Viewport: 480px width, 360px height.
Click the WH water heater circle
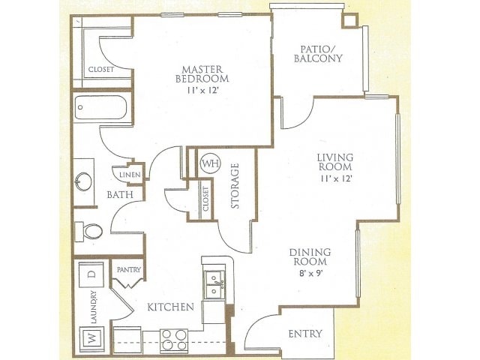click(x=210, y=163)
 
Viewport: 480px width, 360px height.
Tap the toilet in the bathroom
click(x=88, y=232)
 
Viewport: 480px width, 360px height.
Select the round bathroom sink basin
click(x=83, y=181)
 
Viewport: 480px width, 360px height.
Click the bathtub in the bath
click(x=100, y=107)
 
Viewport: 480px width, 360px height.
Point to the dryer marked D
click(x=91, y=274)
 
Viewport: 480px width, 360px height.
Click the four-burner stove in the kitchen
click(x=174, y=340)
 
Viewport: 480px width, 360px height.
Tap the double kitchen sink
click(x=215, y=285)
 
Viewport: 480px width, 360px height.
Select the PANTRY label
click(x=129, y=270)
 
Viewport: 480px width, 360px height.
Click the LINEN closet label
click(x=130, y=175)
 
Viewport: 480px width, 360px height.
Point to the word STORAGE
click(x=235, y=186)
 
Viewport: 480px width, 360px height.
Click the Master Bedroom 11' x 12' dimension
click(x=202, y=91)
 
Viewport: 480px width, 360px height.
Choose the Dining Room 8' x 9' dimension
click(x=311, y=272)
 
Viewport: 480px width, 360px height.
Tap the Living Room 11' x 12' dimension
click(x=336, y=178)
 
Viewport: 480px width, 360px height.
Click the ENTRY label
click(x=305, y=333)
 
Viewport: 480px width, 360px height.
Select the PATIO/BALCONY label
click(x=318, y=54)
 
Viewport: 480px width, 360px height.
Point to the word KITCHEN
click(x=170, y=307)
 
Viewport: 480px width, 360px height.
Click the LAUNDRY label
click(x=94, y=307)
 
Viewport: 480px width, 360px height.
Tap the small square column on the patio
click(x=350, y=20)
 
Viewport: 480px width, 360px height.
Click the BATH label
click(x=120, y=194)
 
